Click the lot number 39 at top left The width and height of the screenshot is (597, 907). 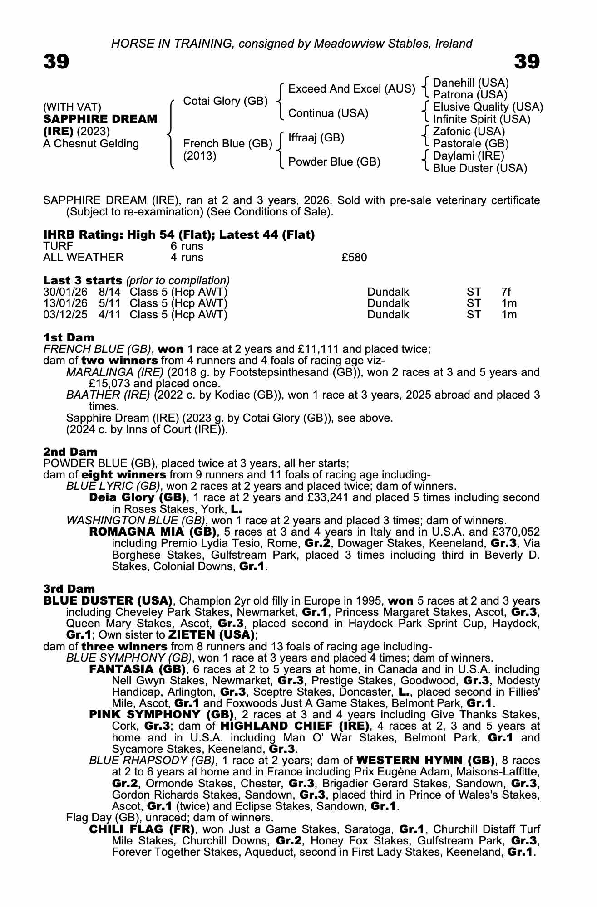pyautogui.click(x=56, y=62)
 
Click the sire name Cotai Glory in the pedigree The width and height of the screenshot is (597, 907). pyautogui.click(x=225, y=101)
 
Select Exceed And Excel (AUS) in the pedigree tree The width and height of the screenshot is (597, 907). pyautogui.click(x=351, y=89)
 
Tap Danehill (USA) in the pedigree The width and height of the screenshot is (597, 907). pyautogui.click(x=471, y=83)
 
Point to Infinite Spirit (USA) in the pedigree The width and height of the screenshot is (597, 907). pyautogui.click(x=481, y=119)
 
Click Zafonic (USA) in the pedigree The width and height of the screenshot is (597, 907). pyautogui.click(x=469, y=132)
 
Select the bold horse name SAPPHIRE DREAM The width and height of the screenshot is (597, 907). pyautogui.click(x=100, y=119)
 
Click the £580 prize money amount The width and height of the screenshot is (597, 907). pyautogui.click(x=354, y=258)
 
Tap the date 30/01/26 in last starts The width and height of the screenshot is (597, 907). pyautogui.click(x=65, y=292)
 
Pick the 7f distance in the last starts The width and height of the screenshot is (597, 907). pyautogui.click(x=506, y=292)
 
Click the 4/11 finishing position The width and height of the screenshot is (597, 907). pyautogui.click(x=109, y=315)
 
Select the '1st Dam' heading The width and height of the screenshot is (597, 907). pyautogui.click(x=69, y=337)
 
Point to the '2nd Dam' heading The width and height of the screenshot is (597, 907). pyautogui.click(x=70, y=452)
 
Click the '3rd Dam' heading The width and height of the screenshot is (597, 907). pyautogui.click(x=69, y=589)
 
